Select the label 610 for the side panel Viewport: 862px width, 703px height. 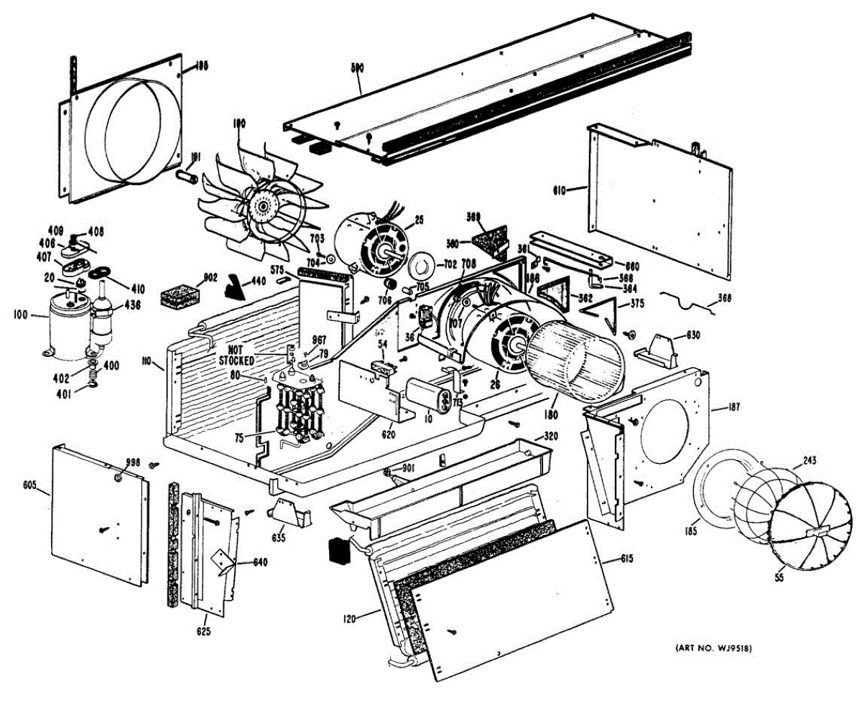[560, 191]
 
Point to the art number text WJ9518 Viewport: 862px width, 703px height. [714, 650]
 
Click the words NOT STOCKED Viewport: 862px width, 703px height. [236, 354]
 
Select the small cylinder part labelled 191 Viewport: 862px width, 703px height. [188, 176]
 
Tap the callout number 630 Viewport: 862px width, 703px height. [693, 335]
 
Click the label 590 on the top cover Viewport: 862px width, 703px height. [357, 67]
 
